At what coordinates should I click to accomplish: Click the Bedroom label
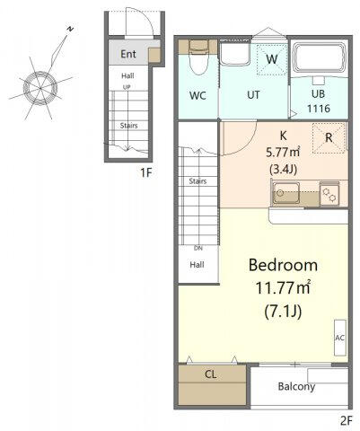click(283, 265)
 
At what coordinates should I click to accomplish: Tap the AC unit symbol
click(340, 338)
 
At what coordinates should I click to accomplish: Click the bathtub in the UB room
click(319, 58)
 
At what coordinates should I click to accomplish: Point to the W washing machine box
click(272, 59)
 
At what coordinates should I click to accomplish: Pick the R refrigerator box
click(329, 137)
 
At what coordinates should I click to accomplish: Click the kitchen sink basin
click(285, 193)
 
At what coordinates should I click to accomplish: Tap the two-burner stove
click(329, 194)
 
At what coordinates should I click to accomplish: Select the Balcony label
click(296, 386)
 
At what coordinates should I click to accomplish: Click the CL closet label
click(211, 374)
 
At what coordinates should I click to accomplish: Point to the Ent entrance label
click(128, 54)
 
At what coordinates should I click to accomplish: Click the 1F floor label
click(146, 172)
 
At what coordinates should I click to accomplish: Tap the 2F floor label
click(347, 421)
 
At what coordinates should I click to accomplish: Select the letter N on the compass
click(70, 29)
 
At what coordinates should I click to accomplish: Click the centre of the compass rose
click(40, 88)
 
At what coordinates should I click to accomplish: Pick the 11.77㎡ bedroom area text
click(283, 288)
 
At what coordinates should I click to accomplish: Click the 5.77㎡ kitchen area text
click(283, 153)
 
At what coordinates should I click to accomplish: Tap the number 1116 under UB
click(319, 109)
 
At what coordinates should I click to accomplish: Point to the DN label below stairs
click(198, 248)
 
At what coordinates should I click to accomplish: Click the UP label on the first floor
click(127, 87)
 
